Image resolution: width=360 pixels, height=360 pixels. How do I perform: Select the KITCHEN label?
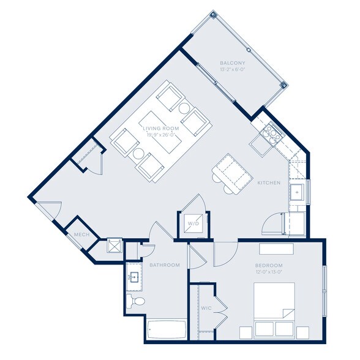click(269, 183)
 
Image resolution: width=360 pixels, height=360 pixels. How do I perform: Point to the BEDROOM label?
click(269, 266)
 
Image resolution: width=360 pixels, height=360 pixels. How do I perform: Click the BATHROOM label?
click(165, 265)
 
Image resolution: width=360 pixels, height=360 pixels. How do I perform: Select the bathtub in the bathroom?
click(167, 330)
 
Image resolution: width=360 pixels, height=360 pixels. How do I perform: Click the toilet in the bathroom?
click(137, 301)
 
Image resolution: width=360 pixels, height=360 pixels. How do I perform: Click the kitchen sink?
click(298, 192)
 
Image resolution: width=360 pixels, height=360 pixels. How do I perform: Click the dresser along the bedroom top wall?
click(276, 249)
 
